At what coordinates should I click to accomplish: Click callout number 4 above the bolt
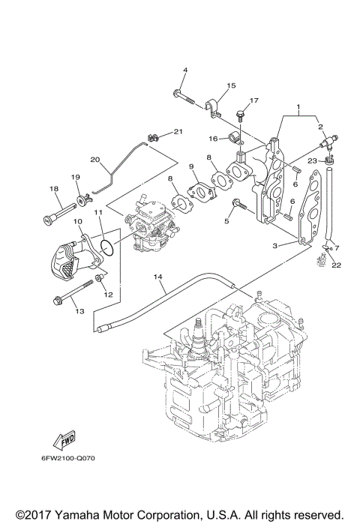pos(184,70)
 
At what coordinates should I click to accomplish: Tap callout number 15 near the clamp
pos(231,85)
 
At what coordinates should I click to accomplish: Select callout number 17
pos(254,100)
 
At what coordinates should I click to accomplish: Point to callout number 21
pos(178,132)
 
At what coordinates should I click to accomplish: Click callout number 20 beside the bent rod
pos(94,159)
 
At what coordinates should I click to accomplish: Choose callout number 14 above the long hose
pos(158,277)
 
